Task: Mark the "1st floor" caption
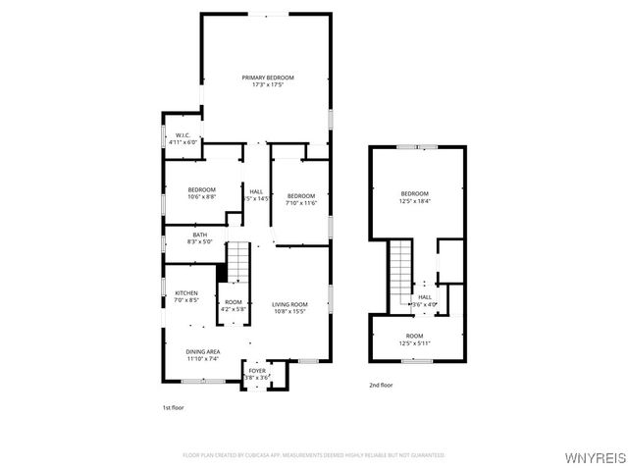173,406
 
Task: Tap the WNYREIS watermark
595,458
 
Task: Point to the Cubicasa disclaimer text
314,455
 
